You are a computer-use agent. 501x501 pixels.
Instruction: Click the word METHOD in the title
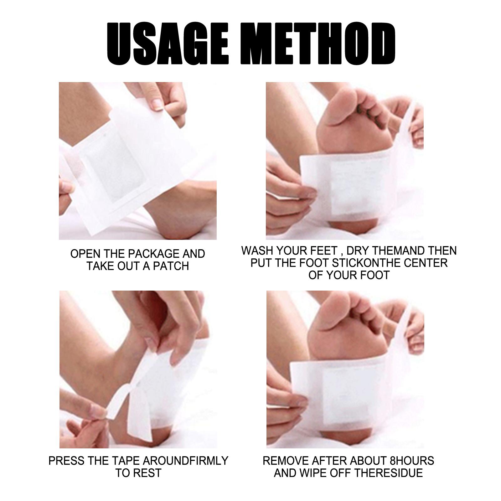[320, 43]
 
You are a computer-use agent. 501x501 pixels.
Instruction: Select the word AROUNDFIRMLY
[185, 461]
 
